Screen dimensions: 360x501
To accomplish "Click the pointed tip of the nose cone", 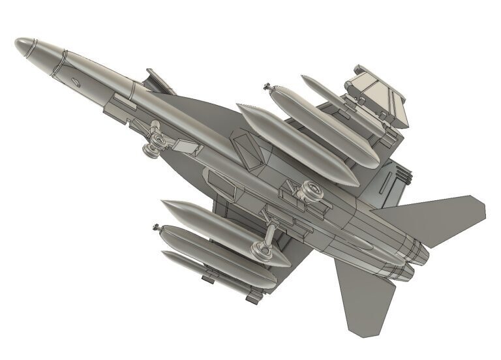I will coord(16,42).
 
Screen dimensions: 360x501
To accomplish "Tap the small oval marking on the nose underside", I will coord(76,82).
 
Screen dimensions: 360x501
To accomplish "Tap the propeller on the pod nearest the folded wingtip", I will coord(267,86).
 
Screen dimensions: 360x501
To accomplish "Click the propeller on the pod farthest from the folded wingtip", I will coord(157,228).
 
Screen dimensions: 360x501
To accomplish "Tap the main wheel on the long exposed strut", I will coord(260,248).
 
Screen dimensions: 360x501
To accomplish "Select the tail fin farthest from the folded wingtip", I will coord(363,297).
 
